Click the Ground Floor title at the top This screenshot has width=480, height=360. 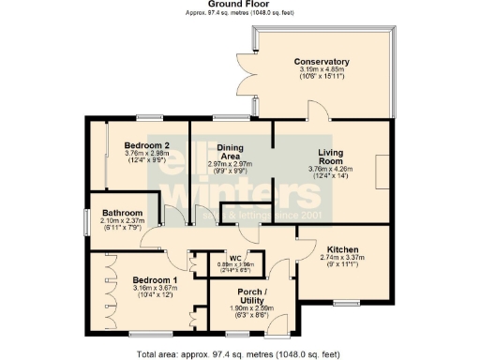tap(239, 5)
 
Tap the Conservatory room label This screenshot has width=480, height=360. tap(328, 62)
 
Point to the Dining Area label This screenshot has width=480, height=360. tap(231, 152)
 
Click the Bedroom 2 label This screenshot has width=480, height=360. tap(146, 146)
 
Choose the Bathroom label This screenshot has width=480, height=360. tap(122, 213)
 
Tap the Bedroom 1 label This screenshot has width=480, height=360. tap(155, 281)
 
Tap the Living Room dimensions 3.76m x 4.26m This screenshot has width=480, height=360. tap(327, 170)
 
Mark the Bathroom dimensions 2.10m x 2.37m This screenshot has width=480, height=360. tap(122, 221)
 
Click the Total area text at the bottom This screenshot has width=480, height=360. tap(238, 353)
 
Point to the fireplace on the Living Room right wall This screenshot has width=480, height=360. tap(378, 174)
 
